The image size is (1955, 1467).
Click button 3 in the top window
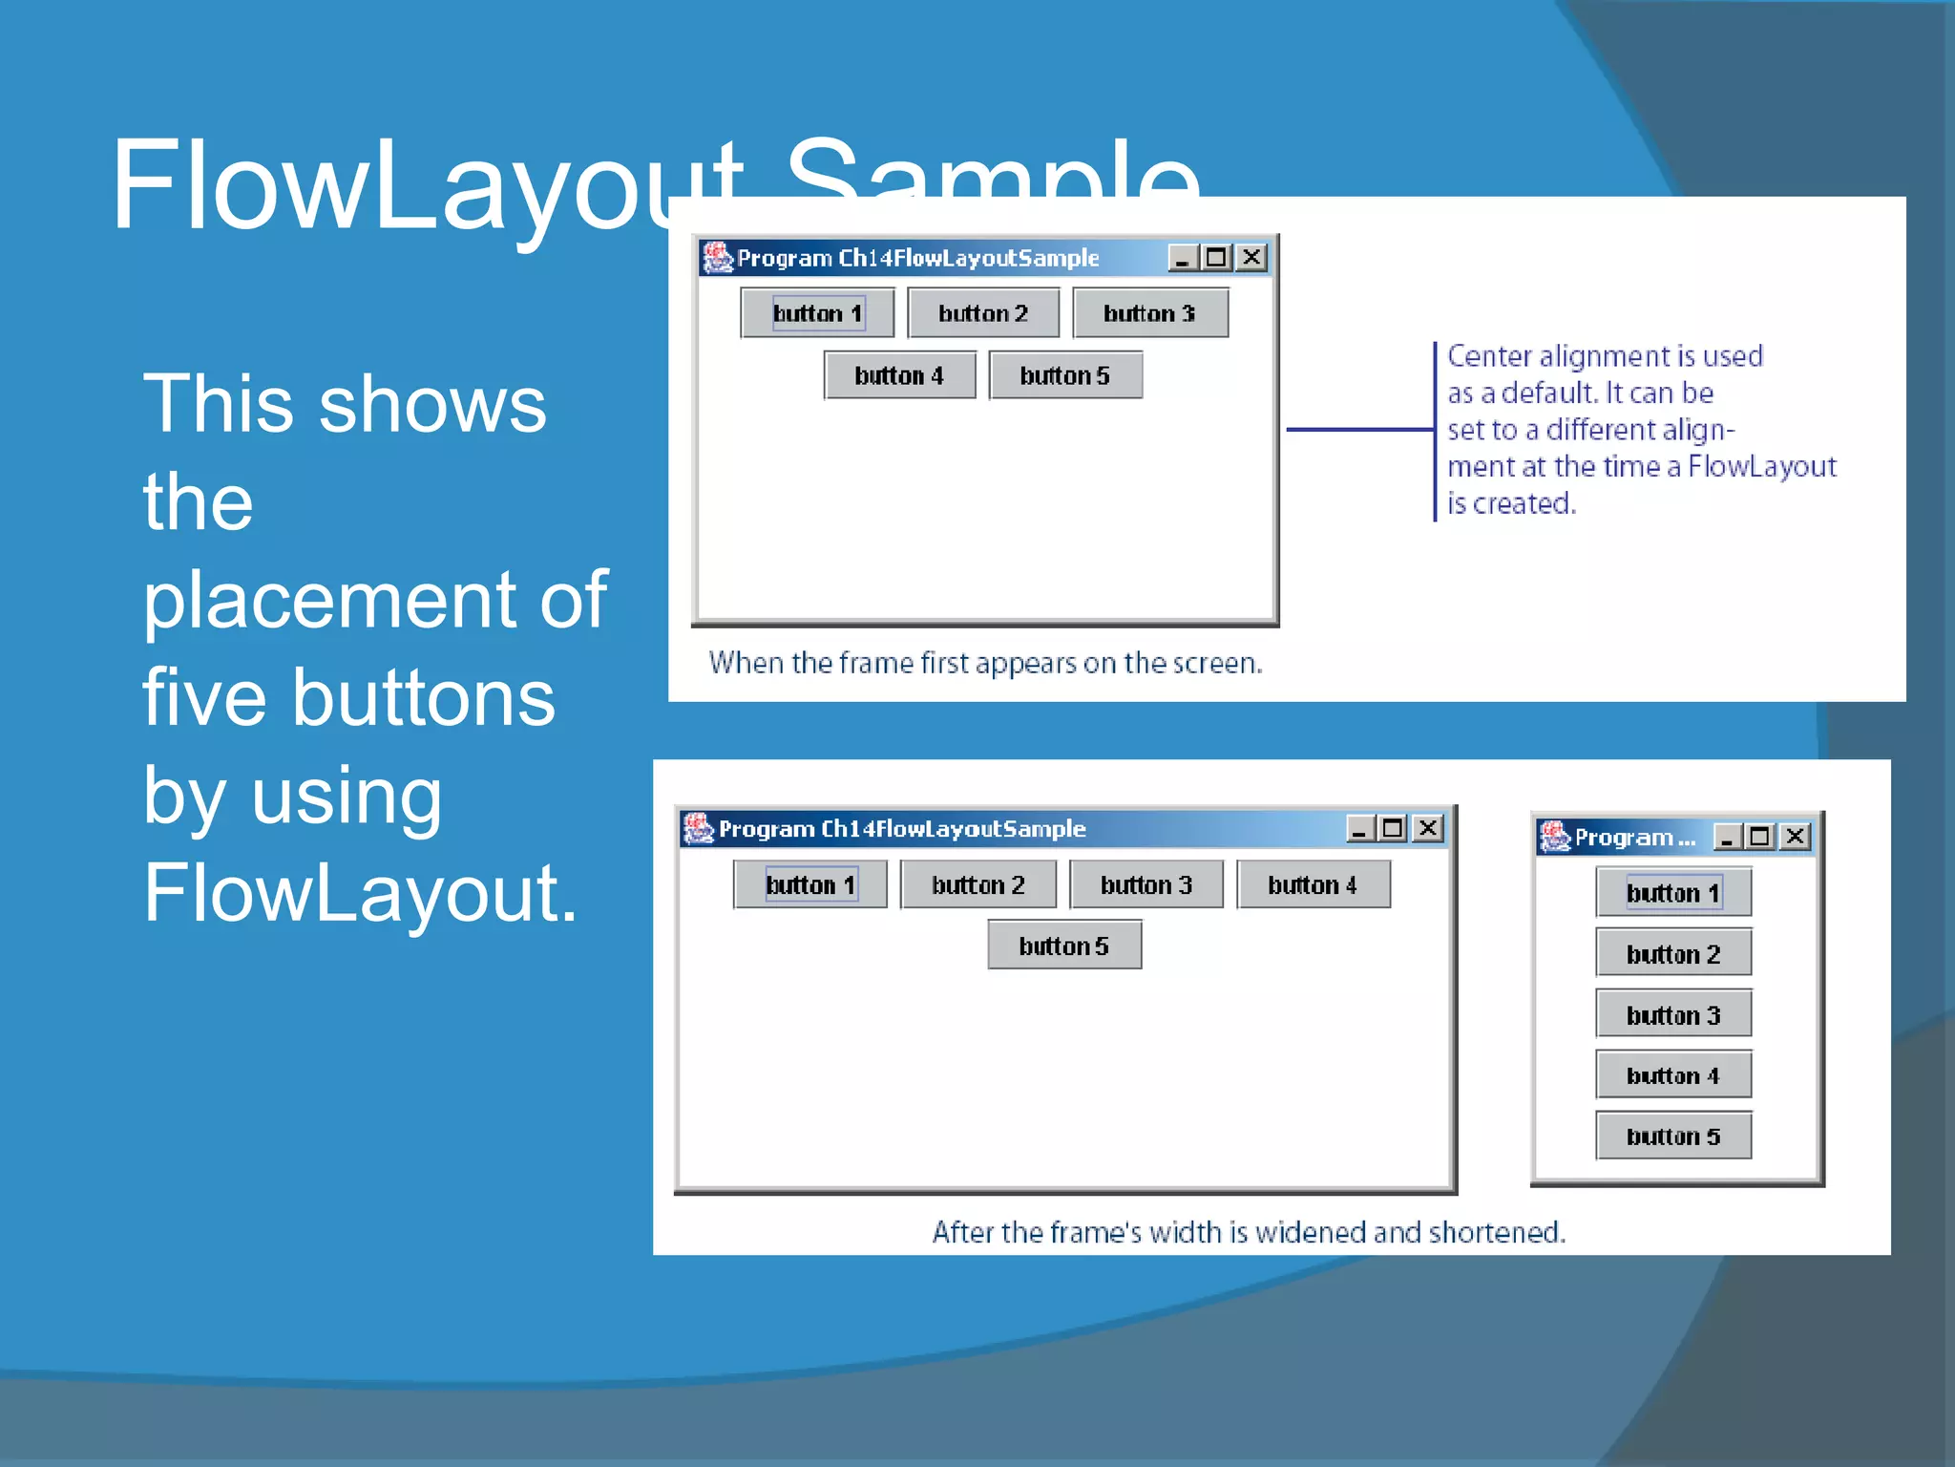tap(1149, 313)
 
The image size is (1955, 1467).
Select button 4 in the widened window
tap(1313, 885)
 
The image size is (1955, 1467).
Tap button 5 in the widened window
tap(1063, 946)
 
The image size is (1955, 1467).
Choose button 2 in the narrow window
tap(1672, 953)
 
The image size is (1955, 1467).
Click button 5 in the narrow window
tap(1672, 1136)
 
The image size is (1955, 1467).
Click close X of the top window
tap(1251, 258)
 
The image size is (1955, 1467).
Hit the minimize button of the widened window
tap(1359, 829)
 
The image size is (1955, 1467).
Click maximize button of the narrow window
tap(1759, 838)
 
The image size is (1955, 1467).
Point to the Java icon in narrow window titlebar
tap(1554, 837)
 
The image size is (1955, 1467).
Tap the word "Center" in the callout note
tap(1489, 356)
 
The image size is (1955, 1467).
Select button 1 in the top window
tap(817, 313)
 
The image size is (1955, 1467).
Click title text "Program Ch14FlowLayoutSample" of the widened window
tap(901, 829)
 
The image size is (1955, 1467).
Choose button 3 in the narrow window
tap(1672, 1014)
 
